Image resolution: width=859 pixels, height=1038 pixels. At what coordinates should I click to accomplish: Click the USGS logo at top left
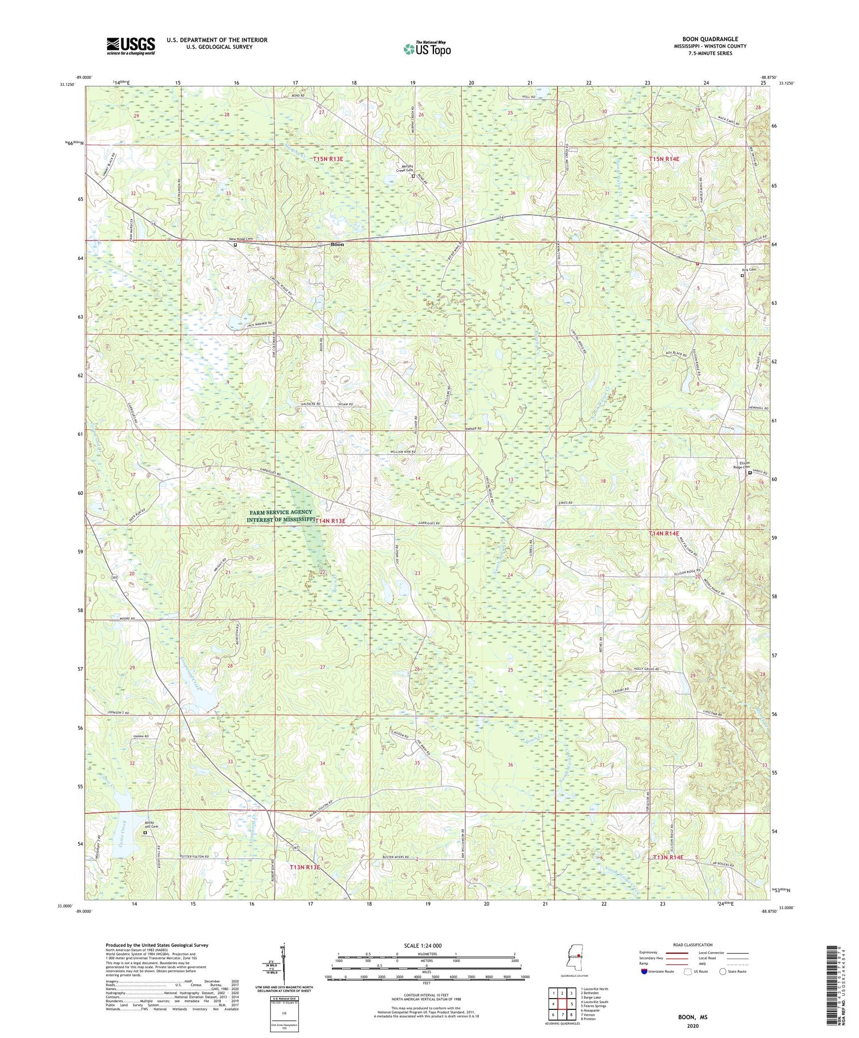pyautogui.click(x=131, y=46)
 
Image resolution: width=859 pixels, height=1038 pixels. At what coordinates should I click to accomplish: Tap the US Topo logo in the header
pyautogui.click(x=427, y=49)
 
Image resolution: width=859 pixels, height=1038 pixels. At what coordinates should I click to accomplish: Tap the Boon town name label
pyautogui.click(x=338, y=244)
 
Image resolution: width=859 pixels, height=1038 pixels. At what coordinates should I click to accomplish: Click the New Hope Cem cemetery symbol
pyautogui.click(x=235, y=244)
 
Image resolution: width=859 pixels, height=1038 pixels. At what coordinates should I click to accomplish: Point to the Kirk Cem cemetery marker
pyautogui.click(x=742, y=275)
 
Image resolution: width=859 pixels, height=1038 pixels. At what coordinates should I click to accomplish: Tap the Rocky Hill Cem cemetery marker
pyautogui.click(x=144, y=833)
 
